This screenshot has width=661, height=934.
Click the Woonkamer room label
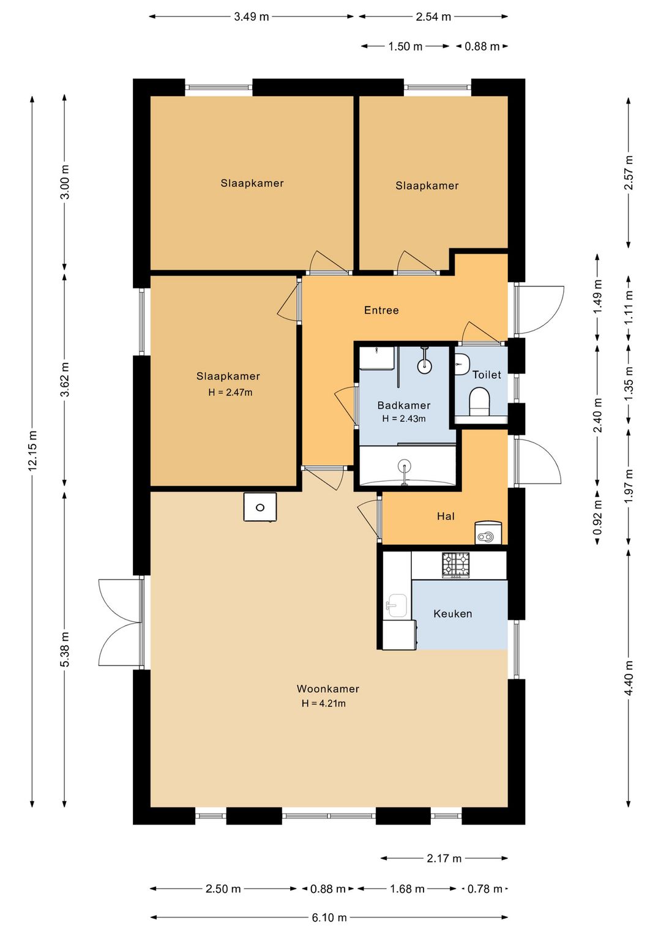(x=327, y=689)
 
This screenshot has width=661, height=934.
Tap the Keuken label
(x=452, y=613)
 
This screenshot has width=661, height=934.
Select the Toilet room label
(x=486, y=375)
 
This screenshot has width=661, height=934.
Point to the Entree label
(x=381, y=310)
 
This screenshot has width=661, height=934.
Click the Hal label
(x=446, y=516)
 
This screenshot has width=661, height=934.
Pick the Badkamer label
(x=404, y=405)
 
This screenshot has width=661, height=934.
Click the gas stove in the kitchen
(x=456, y=565)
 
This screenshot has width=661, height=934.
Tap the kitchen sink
(x=396, y=605)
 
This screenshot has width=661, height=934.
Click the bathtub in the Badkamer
(x=407, y=466)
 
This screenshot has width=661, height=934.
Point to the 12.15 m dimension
(x=32, y=450)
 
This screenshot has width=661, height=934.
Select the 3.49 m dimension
(x=252, y=17)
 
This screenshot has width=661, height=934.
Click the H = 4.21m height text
(x=324, y=703)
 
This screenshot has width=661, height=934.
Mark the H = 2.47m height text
(x=230, y=392)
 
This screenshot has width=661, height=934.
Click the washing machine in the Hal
(x=488, y=532)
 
